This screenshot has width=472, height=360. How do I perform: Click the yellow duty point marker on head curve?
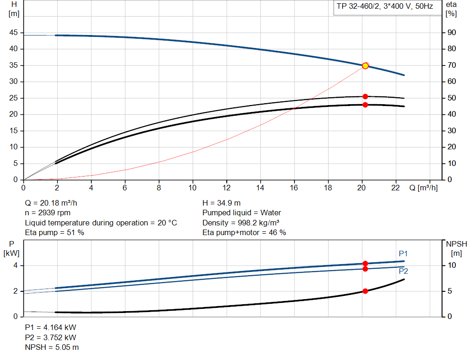(365, 66)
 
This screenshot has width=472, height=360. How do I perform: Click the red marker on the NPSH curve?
(365, 291)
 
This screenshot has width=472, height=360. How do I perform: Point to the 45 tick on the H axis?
(13, 33)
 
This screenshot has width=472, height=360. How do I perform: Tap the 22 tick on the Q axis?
(396, 188)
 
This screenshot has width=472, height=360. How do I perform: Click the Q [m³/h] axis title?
(423, 188)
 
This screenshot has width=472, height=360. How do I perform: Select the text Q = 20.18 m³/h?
(54, 203)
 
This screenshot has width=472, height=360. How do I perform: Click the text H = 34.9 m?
(222, 203)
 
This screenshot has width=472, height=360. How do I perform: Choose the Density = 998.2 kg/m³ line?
(241, 223)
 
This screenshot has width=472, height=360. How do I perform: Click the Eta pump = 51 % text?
(54, 233)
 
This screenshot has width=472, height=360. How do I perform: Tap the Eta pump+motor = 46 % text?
(244, 233)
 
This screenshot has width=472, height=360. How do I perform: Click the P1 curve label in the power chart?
(403, 254)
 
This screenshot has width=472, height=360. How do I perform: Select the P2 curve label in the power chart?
(403, 271)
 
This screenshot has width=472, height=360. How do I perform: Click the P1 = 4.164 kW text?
(51, 327)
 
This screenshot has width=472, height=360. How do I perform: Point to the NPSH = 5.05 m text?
(52, 347)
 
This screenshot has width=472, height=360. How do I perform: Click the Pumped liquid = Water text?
(242, 213)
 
